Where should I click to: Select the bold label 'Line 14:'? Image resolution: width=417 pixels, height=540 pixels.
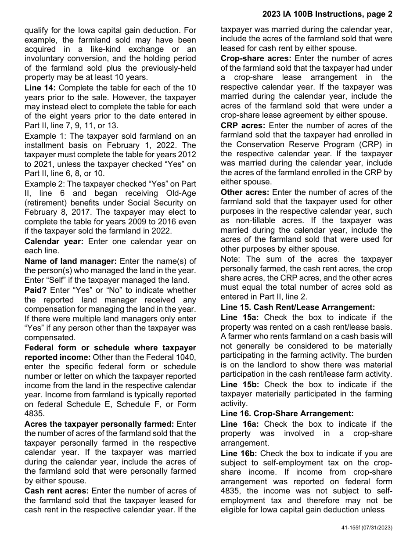point(40,88)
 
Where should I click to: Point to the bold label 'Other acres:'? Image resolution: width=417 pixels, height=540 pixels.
point(244,192)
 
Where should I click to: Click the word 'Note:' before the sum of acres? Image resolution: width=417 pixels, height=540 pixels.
point(231,259)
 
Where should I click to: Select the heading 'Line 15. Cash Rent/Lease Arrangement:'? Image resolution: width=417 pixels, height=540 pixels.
point(298,307)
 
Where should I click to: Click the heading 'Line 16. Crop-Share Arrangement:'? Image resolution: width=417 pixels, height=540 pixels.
point(287,413)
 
